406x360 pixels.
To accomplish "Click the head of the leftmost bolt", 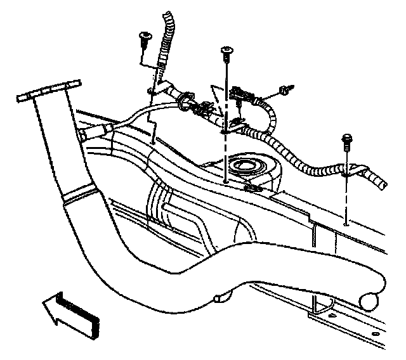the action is coord(144,38).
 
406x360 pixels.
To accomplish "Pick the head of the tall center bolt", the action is coord(226,51).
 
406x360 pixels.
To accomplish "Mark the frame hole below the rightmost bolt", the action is coord(344,222).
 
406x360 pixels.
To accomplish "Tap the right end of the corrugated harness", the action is coord(381,184).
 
